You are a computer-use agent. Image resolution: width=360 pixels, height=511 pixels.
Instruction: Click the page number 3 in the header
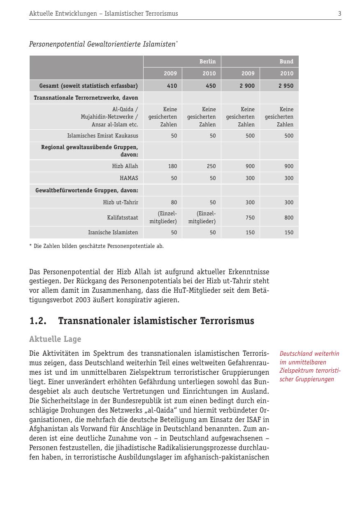click(339, 14)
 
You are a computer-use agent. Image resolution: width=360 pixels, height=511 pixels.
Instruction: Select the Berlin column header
click(207, 61)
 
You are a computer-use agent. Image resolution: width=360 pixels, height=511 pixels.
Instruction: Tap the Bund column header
click(286, 61)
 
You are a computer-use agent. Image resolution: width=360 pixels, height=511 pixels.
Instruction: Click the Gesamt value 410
click(172, 86)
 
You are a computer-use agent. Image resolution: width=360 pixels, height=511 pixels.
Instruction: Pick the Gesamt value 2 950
click(286, 86)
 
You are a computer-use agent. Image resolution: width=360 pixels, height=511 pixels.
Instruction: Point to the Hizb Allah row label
click(125, 166)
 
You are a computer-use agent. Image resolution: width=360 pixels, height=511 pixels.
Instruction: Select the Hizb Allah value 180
click(172, 166)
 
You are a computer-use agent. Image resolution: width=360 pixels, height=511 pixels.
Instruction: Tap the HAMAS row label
click(129, 178)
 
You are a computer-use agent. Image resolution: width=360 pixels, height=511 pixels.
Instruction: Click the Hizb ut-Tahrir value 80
click(174, 202)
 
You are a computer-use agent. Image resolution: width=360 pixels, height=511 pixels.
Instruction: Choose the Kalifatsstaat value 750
click(250, 217)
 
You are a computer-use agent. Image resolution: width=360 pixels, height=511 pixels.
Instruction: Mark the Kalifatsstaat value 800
click(289, 217)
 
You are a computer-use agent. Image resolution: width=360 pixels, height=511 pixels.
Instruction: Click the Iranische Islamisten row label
click(113, 232)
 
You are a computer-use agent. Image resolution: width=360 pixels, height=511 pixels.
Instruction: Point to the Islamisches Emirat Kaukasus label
click(103, 135)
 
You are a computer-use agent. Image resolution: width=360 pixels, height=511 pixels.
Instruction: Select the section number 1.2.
click(38, 321)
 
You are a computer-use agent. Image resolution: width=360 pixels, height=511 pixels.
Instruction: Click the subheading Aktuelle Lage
click(55, 339)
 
